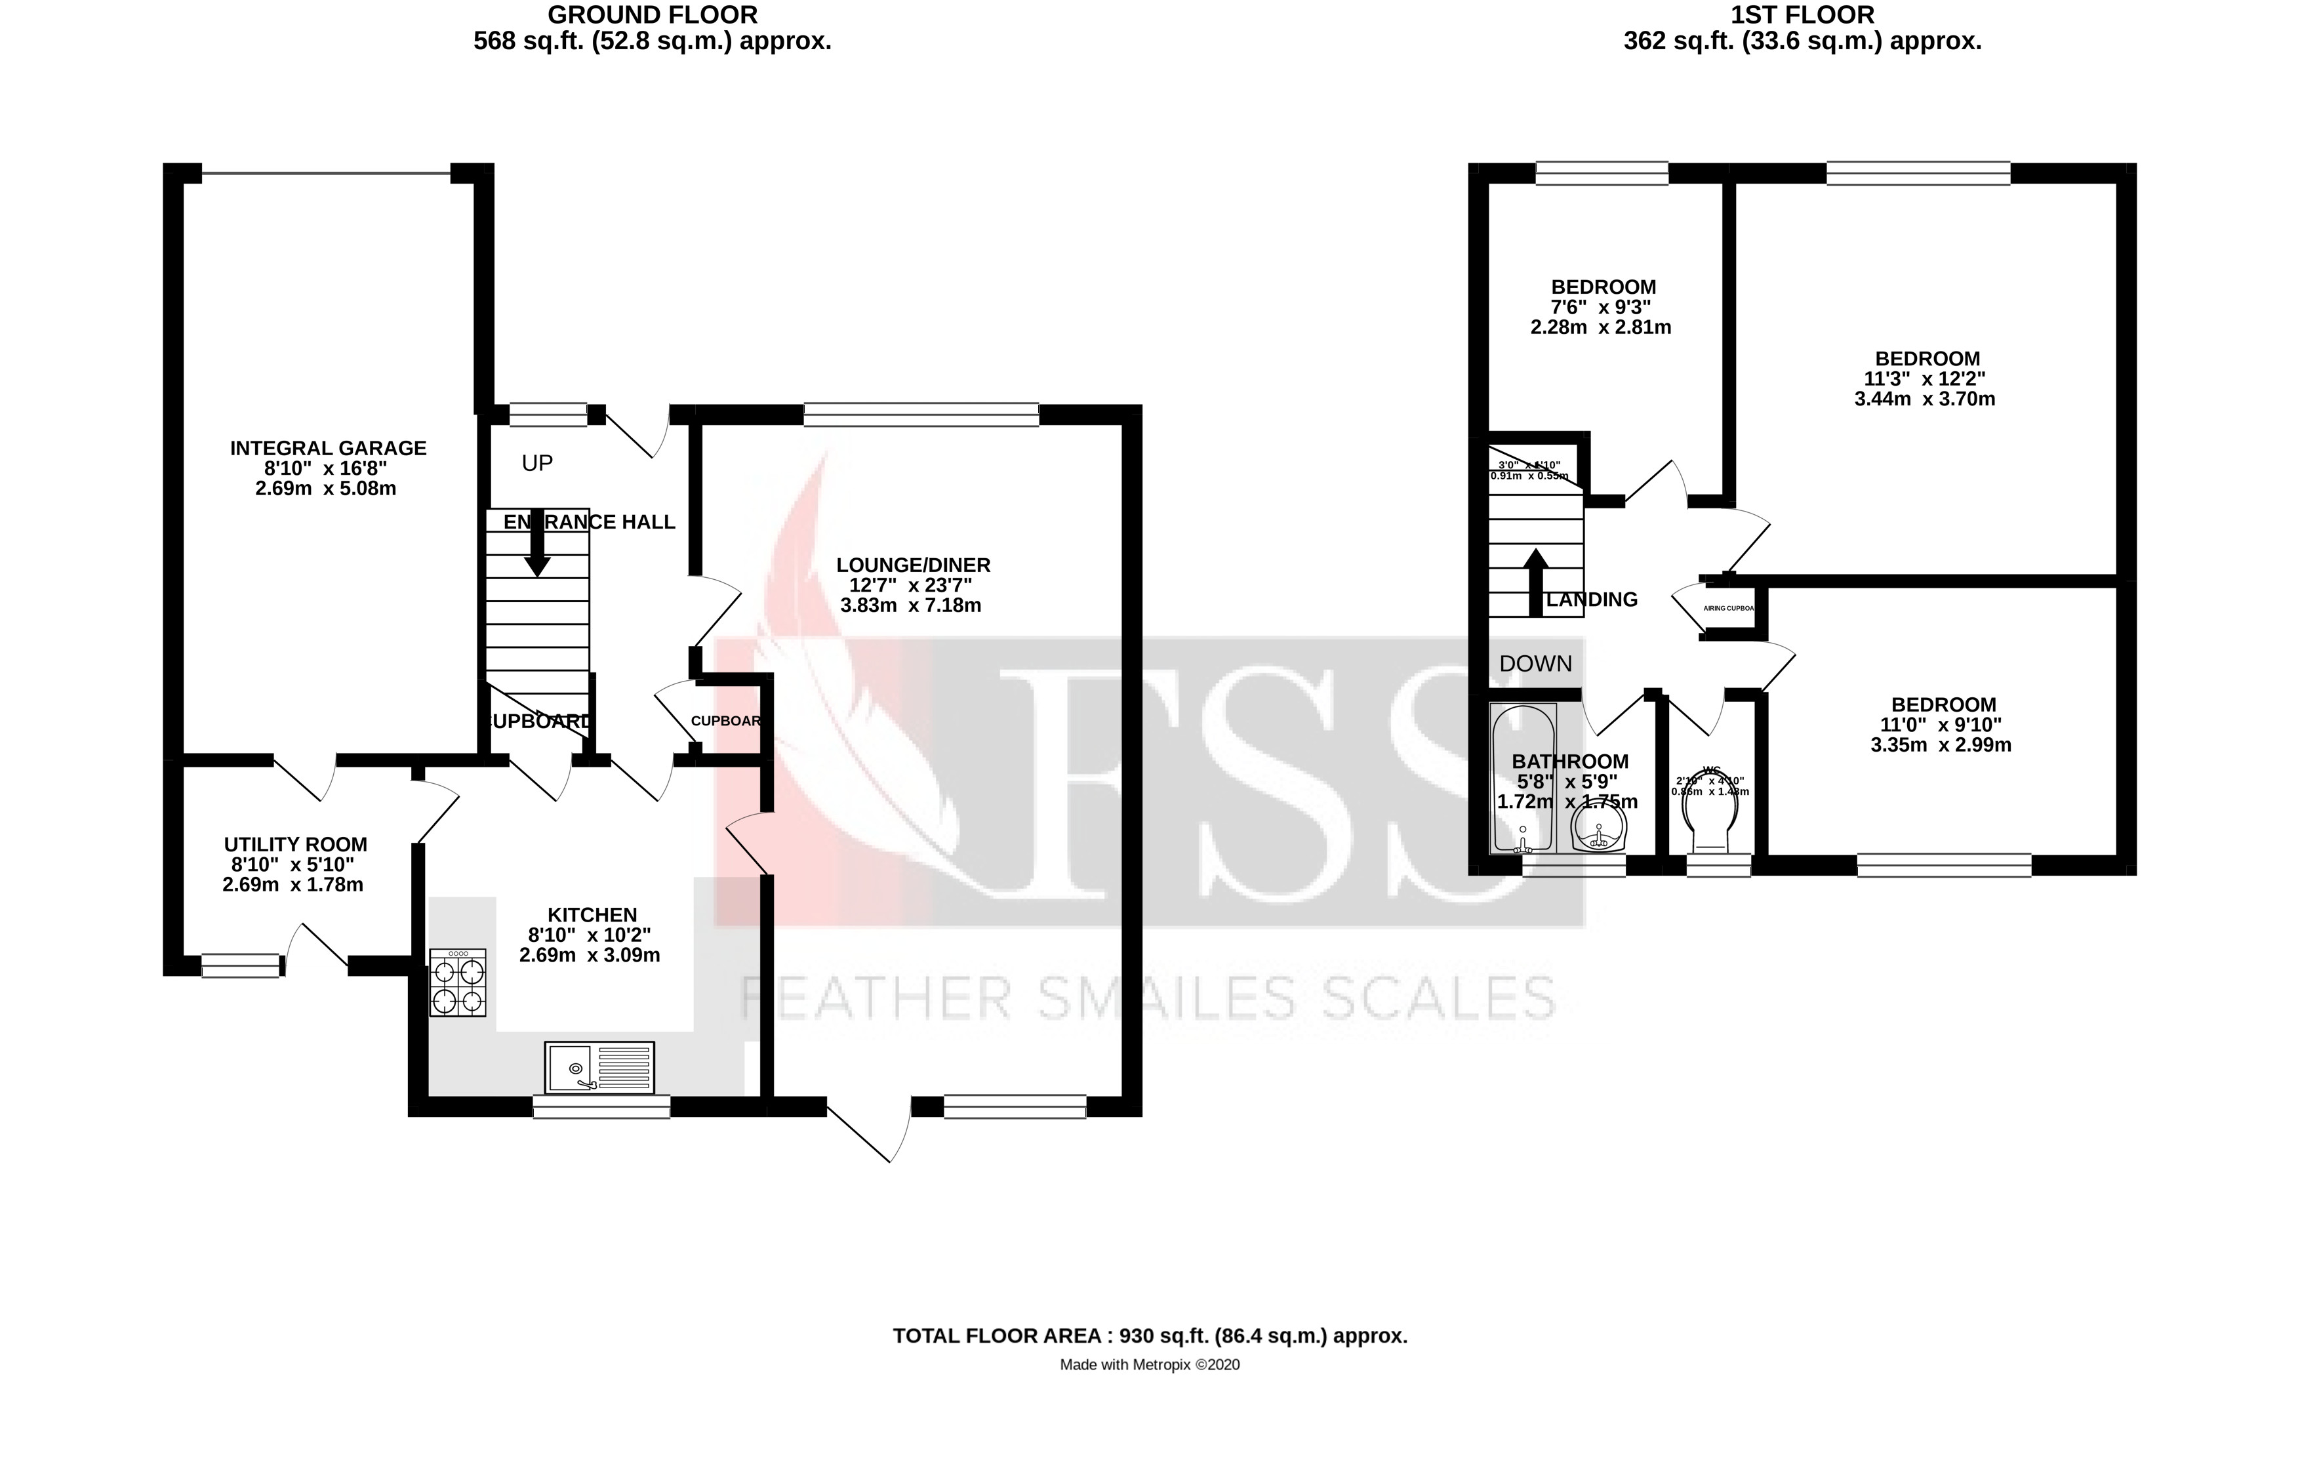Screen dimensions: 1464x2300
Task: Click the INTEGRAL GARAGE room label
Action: point(328,448)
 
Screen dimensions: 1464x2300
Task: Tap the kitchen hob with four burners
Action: point(458,982)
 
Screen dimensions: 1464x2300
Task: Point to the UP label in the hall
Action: point(536,463)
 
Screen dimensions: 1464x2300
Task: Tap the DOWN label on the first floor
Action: point(1535,664)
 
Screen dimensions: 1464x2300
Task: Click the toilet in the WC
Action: point(1708,817)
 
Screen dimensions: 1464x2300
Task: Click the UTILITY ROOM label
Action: point(295,844)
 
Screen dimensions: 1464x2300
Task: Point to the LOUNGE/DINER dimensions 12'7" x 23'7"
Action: point(912,586)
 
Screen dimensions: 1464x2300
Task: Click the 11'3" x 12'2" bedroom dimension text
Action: point(1925,379)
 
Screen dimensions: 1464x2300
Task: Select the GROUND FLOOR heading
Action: point(653,14)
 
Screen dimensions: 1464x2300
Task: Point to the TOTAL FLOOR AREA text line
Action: point(1150,1335)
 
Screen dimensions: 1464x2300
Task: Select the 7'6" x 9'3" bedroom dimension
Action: point(1604,308)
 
